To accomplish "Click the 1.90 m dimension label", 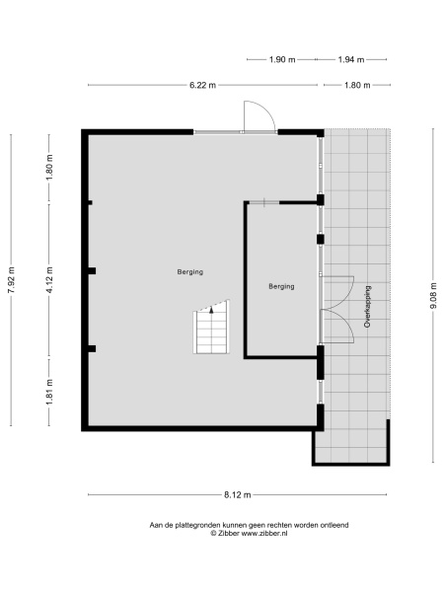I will (283, 60).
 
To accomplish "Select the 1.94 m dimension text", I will (352, 60).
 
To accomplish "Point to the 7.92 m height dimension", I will (12, 280).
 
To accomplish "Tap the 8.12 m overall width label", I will (237, 494).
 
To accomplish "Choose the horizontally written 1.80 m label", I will (356, 86).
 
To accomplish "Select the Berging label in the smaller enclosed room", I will (281, 287).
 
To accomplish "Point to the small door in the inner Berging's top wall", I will (266, 202).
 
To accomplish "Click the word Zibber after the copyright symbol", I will (226, 533).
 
